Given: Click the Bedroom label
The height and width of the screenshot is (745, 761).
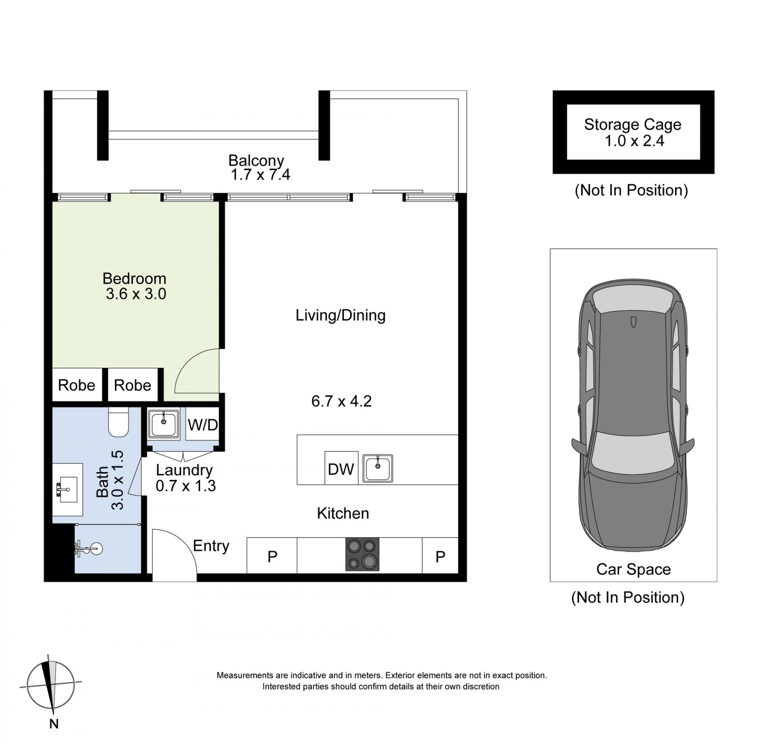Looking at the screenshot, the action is (x=134, y=279).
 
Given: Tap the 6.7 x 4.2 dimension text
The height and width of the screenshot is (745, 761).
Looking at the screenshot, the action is (x=341, y=401).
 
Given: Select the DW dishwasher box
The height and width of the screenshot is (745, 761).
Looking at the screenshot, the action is (x=341, y=468).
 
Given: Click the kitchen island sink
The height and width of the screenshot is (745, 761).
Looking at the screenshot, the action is (x=378, y=468).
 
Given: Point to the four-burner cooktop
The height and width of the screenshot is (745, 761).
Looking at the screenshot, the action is (x=362, y=554).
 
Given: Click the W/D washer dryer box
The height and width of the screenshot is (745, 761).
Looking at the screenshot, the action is (x=203, y=424).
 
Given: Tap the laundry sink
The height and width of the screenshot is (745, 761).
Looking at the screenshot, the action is (x=164, y=424).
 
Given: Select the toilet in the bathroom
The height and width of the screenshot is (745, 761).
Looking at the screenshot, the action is (x=118, y=422).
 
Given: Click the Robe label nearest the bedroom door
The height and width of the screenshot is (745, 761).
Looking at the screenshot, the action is (x=132, y=385).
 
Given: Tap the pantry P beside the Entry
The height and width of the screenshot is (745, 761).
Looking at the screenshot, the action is (x=272, y=557).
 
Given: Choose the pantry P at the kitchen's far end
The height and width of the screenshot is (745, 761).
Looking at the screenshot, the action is (x=440, y=557).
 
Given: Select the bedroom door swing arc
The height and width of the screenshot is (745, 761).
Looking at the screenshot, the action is (x=186, y=361).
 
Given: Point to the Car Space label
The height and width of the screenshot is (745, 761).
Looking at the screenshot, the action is (x=633, y=570).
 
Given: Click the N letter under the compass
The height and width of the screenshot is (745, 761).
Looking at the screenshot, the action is (x=54, y=724).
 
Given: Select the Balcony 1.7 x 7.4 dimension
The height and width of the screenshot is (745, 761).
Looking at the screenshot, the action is (x=260, y=175).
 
